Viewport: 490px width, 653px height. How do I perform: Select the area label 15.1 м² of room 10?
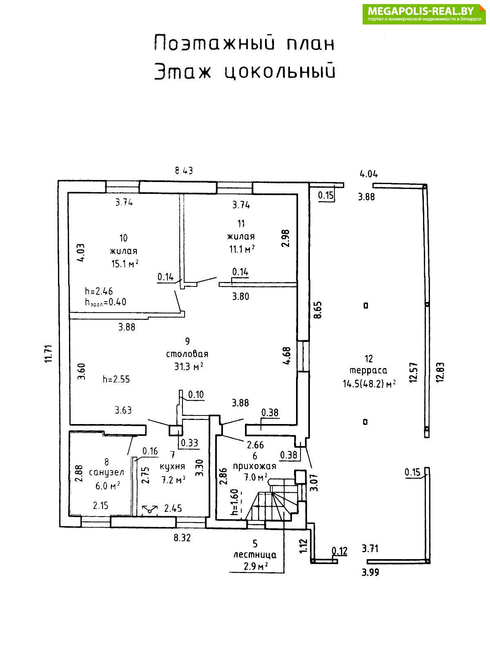(x=125, y=264)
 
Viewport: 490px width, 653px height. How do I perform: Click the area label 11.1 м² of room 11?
(x=242, y=249)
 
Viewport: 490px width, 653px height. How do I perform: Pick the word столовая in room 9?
(x=187, y=354)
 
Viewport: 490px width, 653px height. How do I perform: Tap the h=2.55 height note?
(x=116, y=379)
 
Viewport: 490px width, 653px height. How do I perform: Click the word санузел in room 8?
(x=107, y=473)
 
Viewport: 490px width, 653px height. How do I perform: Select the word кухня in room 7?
(x=172, y=466)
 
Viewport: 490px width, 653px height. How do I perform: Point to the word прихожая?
(x=254, y=466)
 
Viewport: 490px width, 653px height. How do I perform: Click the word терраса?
(x=368, y=371)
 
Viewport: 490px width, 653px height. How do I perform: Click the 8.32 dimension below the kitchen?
(x=182, y=538)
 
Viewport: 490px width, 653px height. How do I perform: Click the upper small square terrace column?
(x=366, y=305)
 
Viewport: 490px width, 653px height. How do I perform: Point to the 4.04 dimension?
(x=368, y=174)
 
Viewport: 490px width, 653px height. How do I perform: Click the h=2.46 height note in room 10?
(x=99, y=291)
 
